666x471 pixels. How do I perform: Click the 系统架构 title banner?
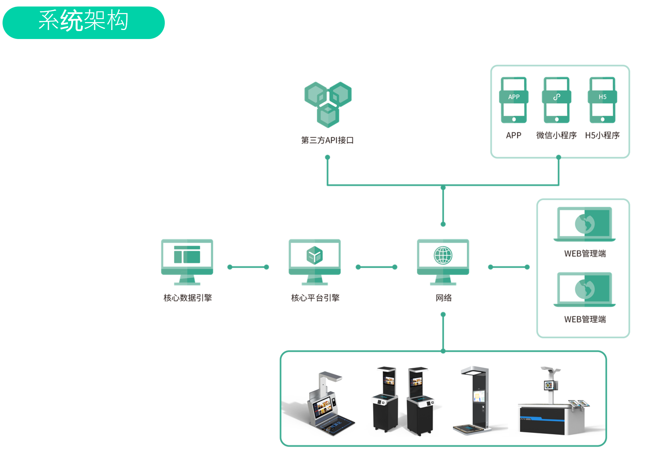pyautogui.click(x=83, y=22)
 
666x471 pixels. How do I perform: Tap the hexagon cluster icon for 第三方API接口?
pyautogui.click(x=328, y=104)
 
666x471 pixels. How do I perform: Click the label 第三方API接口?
pyautogui.click(x=327, y=140)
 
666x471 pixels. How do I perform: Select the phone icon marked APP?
pyautogui.click(x=514, y=100)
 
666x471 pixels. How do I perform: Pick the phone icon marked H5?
pyautogui.click(x=602, y=100)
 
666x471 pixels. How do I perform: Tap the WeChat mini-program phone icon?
pyautogui.click(x=557, y=100)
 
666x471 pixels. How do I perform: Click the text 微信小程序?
pyautogui.click(x=556, y=135)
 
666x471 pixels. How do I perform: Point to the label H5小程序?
pyautogui.click(x=602, y=135)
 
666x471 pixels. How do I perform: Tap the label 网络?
pyautogui.click(x=443, y=298)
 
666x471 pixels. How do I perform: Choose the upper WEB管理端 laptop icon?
pyautogui.click(x=584, y=224)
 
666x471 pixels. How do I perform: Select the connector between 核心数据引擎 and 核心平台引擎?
pyautogui.click(x=248, y=267)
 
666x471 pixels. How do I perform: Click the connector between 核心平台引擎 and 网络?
pyautogui.click(x=376, y=267)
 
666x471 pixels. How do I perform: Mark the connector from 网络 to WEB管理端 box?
pyautogui.click(x=508, y=267)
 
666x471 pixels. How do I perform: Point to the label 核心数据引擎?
pyautogui.click(x=188, y=298)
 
